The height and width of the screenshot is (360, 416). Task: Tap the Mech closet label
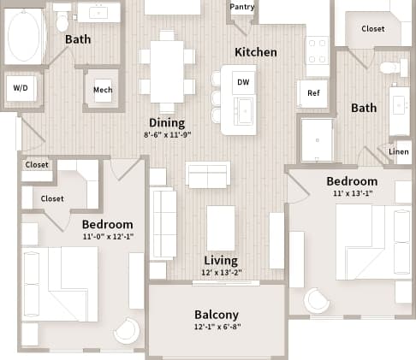tap(103, 90)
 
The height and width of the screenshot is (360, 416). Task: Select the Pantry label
tap(241, 8)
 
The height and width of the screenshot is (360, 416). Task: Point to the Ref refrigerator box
tap(312, 92)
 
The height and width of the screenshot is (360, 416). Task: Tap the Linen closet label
tap(399, 152)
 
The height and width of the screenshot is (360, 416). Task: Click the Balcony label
tap(217, 314)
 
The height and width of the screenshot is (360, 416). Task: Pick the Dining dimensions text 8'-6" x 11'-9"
tap(167, 135)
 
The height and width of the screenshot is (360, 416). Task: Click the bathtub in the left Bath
tap(24, 36)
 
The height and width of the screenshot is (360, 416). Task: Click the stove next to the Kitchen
tap(318, 50)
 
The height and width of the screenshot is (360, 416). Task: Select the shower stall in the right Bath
tap(316, 139)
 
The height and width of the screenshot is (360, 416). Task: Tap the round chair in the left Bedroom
tap(127, 330)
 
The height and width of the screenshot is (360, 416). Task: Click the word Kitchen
tap(256, 52)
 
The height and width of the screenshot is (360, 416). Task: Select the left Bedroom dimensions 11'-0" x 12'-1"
tap(108, 236)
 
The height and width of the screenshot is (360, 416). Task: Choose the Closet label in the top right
tap(372, 28)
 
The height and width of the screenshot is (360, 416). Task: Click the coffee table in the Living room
tap(221, 227)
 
